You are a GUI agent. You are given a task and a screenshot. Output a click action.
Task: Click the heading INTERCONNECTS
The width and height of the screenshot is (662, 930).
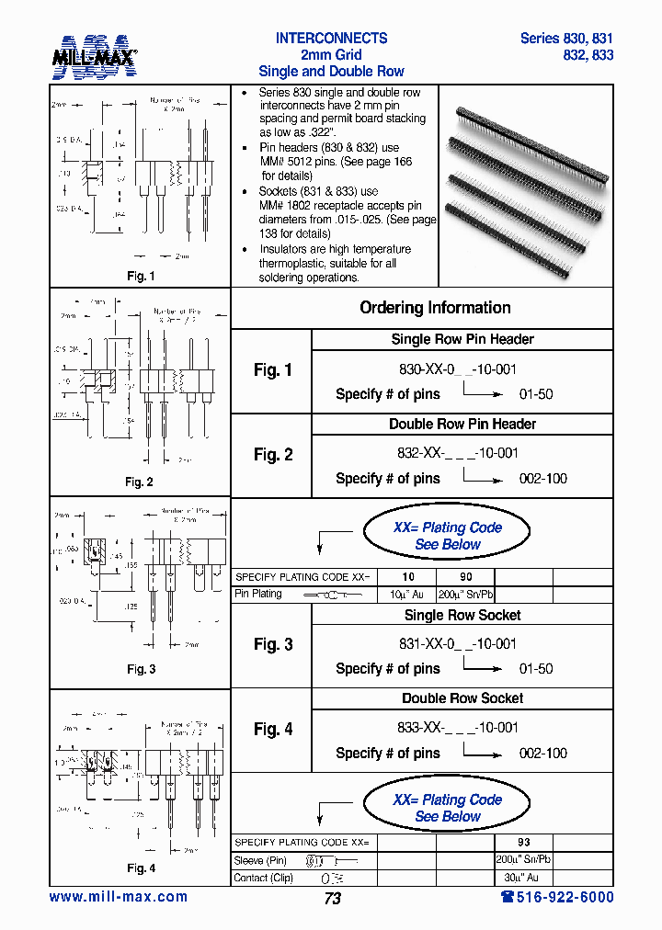(331, 39)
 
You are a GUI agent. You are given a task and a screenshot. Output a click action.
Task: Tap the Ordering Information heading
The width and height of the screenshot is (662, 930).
(435, 308)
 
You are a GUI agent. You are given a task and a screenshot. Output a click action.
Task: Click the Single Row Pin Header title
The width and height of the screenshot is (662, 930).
(462, 339)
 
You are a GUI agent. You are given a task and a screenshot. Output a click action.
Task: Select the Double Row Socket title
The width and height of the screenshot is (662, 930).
(462, 698)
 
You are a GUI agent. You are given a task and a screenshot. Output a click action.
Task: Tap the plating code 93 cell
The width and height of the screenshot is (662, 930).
(524, 843)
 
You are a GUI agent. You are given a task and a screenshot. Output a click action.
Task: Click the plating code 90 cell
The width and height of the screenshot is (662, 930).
(465, 577)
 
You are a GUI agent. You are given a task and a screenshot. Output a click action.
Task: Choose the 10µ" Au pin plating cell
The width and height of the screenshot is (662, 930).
(406, 594)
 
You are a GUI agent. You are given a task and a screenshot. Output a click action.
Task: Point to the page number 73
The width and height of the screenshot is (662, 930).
(332, 899)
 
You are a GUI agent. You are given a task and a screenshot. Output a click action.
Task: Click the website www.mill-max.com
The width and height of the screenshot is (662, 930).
(118, 897)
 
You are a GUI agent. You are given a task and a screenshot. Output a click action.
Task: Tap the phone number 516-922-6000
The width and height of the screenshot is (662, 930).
(552, 897)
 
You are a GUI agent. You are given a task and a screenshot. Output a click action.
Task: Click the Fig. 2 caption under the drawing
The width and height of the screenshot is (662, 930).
(139, 482)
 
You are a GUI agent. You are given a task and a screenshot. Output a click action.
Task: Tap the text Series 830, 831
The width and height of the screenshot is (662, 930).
(566, 39)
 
